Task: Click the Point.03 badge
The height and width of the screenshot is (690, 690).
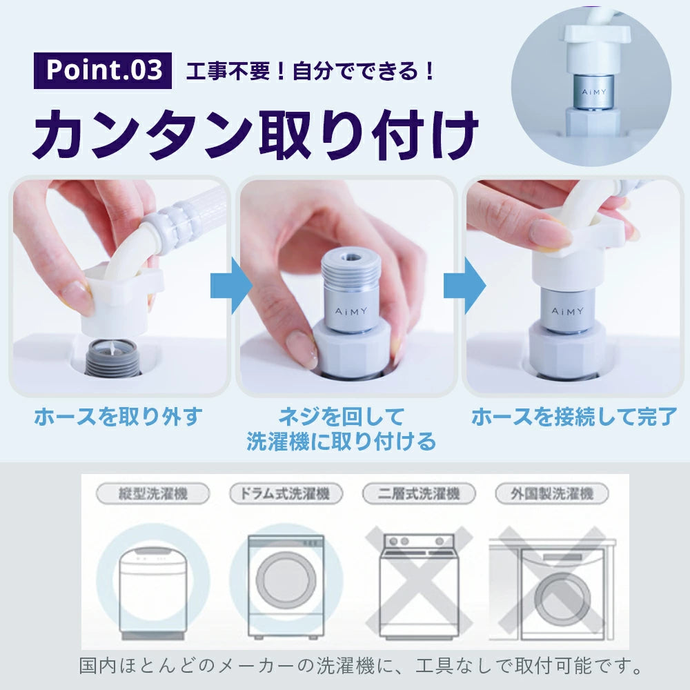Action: (103, 70)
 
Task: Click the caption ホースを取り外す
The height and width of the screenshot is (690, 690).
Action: (119, 416)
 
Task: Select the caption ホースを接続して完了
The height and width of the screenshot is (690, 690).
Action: (574, 416)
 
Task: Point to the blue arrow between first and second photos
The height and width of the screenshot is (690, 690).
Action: (231, 286)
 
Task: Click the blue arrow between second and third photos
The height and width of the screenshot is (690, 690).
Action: (464, 286)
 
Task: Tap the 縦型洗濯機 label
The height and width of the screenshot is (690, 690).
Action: (153, 494)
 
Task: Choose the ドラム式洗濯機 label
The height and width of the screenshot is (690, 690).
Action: (286, 494)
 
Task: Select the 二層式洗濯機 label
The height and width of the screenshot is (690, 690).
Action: (419, 494)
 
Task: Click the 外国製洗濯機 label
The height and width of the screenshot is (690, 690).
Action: (552, 494)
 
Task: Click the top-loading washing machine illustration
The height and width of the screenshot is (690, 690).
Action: (152, 593)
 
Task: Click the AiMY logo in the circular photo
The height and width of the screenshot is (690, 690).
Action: (594, 92)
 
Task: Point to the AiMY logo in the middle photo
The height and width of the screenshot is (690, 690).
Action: (351, 311)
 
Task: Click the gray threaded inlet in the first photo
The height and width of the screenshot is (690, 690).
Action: (112, 357)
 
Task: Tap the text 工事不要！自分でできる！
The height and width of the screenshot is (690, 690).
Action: (310, 71)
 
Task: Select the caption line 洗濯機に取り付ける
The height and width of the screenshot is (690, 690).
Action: (341, 442)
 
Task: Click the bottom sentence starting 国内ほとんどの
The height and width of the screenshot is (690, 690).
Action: (361, 666)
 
